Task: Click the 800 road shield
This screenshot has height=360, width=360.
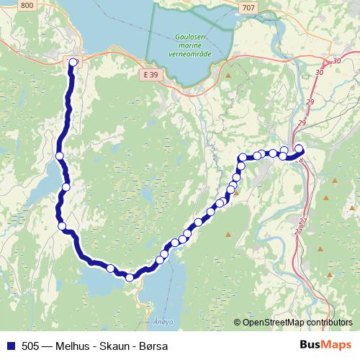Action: point(27,6)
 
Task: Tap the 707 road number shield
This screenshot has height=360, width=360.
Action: point(248,7)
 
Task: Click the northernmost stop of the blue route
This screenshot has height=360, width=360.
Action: point(73,63)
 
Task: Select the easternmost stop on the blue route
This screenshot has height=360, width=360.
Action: point(300,149)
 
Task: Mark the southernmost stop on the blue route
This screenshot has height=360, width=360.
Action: point(130,277)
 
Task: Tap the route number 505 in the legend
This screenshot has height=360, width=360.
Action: point(31,346)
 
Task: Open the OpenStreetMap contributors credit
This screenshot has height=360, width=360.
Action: point(296,322)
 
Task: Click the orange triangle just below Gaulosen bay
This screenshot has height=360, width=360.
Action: point(228,75)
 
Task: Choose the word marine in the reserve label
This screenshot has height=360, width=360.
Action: point(191,45)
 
